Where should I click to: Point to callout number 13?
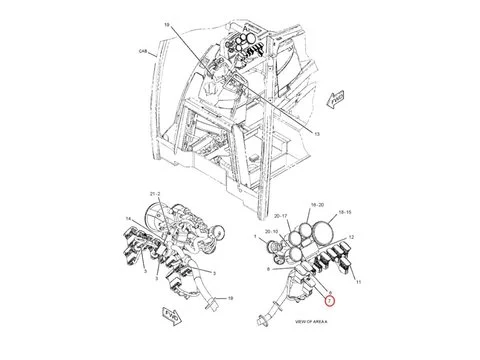[x=316, y=131]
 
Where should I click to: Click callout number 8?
[x=268, y=269]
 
